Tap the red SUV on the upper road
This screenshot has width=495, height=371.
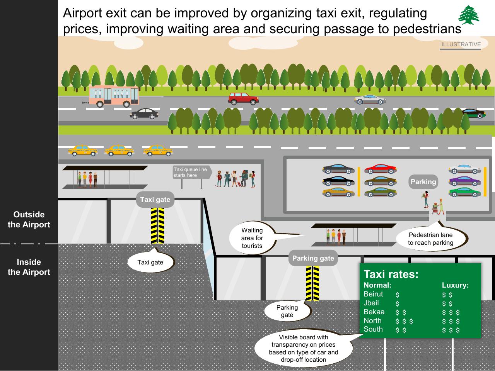pyautogui.click(x=243, y=99)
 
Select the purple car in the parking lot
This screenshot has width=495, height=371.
pyautogui.click(x=465, y=181)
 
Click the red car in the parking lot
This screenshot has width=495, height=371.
pyautogui.click(x=381, y=169)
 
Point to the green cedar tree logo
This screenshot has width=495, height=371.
pyautogui.click(x=469, y=15)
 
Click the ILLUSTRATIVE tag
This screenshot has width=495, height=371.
pyautogui.click(x=461, y=44)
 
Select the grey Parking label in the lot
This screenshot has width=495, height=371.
pyautogui.click(x=423, y=182)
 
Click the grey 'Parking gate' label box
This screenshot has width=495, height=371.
pyautogui.click(x=313, y=258)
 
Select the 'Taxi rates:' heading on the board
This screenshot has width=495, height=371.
pyautogui.click(x=391, y=274)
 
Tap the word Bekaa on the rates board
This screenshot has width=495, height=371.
pyautogui.click(x=374, y=312)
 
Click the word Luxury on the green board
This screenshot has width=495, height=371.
pyautogui.click(x=455, y=285)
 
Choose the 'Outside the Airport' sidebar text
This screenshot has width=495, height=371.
pyautogui.click(x=29, y=220)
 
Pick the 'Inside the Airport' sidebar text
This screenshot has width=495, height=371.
pyautogui.click(x=29, y=267)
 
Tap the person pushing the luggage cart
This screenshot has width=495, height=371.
pyautogui.click(x=440, y=207)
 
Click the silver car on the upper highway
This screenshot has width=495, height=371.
pyautogui.click(x=370, y=100)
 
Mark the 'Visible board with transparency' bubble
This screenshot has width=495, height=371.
pyautogui.click(x=304, y=348)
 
